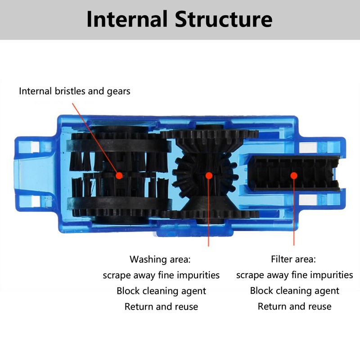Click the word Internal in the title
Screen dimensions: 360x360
126,20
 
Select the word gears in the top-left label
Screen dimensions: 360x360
117,91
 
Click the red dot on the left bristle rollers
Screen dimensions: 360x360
119,176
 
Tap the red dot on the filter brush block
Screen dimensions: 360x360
294,176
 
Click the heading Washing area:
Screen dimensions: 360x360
161,259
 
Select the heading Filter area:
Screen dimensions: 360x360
293,259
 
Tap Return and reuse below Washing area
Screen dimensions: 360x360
161,306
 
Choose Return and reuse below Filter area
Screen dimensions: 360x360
294,306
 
